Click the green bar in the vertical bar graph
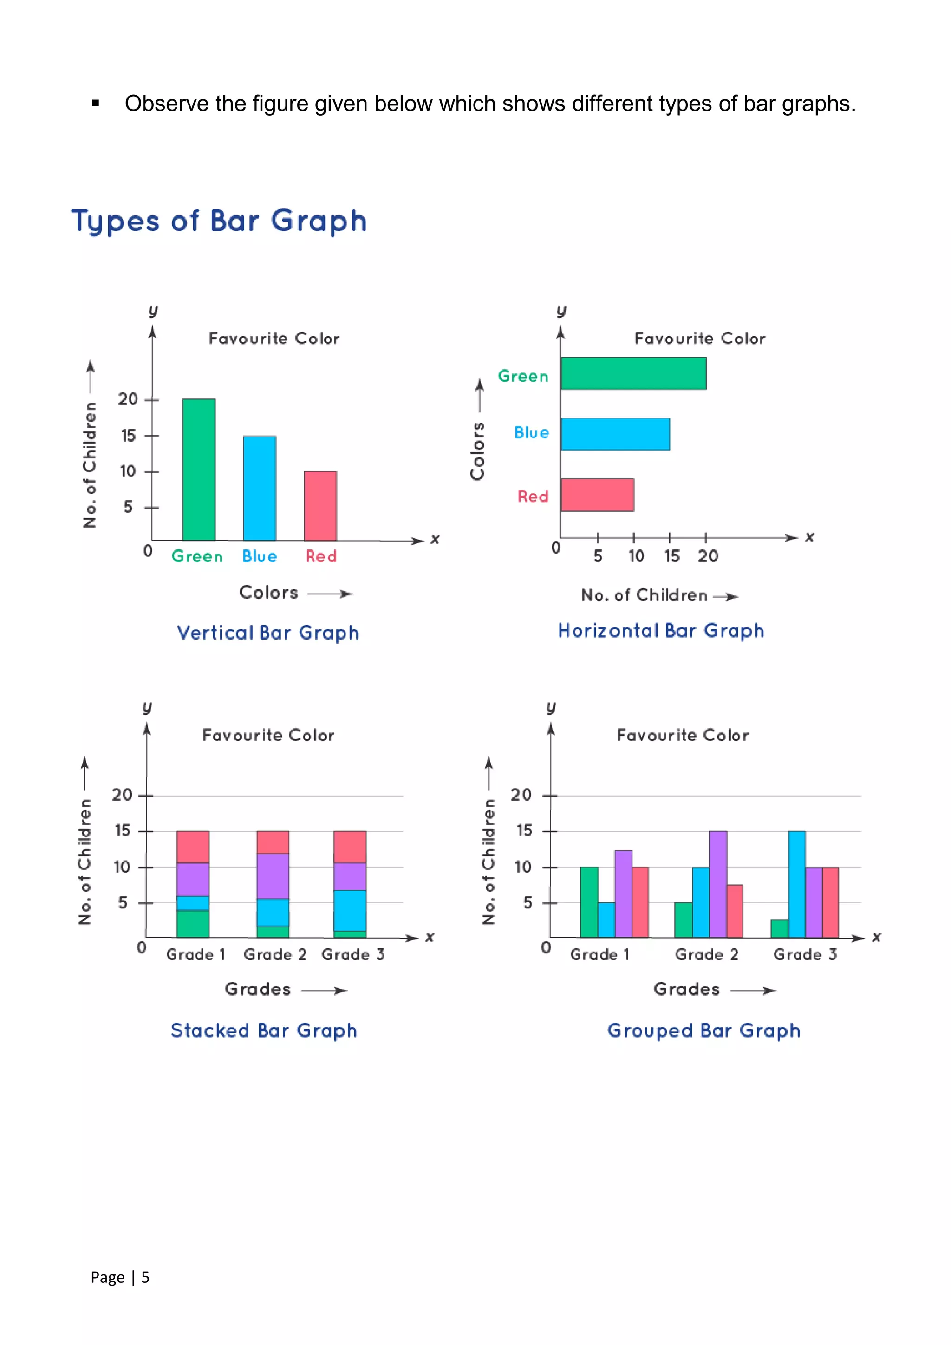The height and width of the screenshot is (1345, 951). (199, 470)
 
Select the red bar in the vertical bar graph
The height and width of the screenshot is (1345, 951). (320, 506)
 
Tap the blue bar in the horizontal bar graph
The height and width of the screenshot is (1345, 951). (615, 434)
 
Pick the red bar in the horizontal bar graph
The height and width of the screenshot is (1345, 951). (597, 495)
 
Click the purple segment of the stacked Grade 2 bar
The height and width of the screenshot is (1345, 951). (273, 876)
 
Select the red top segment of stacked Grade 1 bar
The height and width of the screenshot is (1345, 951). (193, 847)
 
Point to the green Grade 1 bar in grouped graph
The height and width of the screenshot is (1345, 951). (589, 902)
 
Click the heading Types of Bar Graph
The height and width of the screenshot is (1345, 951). (219, 222)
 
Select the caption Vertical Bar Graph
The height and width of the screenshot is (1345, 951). (268, 633)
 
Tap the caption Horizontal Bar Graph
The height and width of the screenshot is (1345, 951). (661, 630)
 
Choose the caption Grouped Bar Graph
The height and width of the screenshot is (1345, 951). (704, 1031)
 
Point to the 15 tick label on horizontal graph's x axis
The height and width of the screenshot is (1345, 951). (671, 556)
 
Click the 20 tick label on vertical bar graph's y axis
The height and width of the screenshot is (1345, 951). (128, 399)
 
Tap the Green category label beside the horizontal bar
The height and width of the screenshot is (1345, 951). (523, 376)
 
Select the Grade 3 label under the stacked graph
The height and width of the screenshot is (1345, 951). (353, 954)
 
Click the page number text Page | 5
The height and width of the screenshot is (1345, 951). (120, 1277)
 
